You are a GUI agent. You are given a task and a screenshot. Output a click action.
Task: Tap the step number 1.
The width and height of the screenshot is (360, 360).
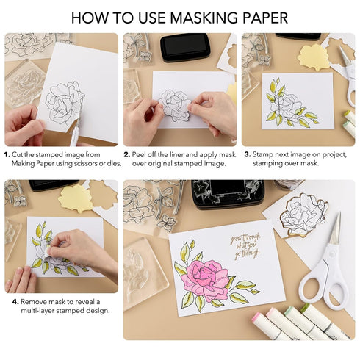click(x=7, y=155)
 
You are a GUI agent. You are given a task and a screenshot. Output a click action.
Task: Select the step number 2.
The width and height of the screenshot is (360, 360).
click(x=126, y=155)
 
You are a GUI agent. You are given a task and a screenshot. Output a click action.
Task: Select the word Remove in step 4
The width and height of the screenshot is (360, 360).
click(x=34, y=301)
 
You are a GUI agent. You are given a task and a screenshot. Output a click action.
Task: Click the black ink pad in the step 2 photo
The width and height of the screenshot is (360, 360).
click(x=185, y=46)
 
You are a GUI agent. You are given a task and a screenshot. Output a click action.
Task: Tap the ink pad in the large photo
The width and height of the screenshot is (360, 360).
click(x=228, y=192)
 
